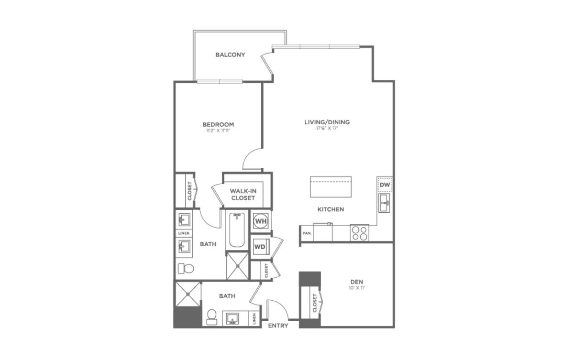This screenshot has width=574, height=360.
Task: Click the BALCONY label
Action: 230,55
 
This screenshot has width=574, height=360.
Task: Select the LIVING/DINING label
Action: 327,122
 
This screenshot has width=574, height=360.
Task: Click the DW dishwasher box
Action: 385,185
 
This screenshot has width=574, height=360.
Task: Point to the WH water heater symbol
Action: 261,221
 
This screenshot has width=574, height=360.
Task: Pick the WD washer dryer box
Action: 260,247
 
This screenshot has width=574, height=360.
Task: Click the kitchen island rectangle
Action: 331,186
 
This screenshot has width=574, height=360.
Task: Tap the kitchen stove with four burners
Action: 360,233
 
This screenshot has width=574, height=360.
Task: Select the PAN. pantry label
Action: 307,233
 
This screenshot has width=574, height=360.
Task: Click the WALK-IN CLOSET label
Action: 243,194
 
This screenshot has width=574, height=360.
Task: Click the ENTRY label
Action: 278,326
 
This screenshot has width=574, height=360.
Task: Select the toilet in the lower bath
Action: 212,316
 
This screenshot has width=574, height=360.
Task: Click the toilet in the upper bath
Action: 186,268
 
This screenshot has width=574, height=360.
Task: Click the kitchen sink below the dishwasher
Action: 385,204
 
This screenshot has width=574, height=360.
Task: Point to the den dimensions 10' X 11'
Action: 357,288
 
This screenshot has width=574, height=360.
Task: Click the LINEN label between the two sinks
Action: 184,233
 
